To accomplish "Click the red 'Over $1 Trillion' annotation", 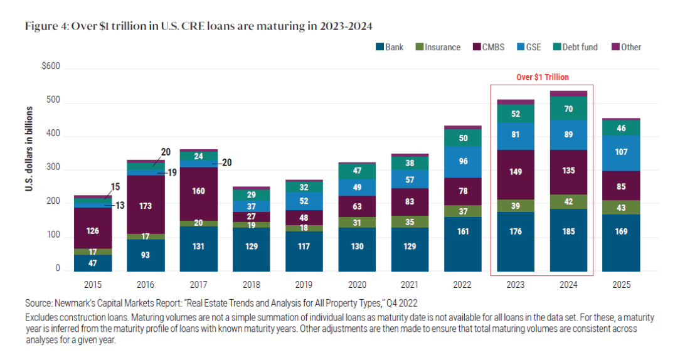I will point(542,77).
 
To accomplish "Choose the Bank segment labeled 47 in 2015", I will point(92,263).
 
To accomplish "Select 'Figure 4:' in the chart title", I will point(45,26).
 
